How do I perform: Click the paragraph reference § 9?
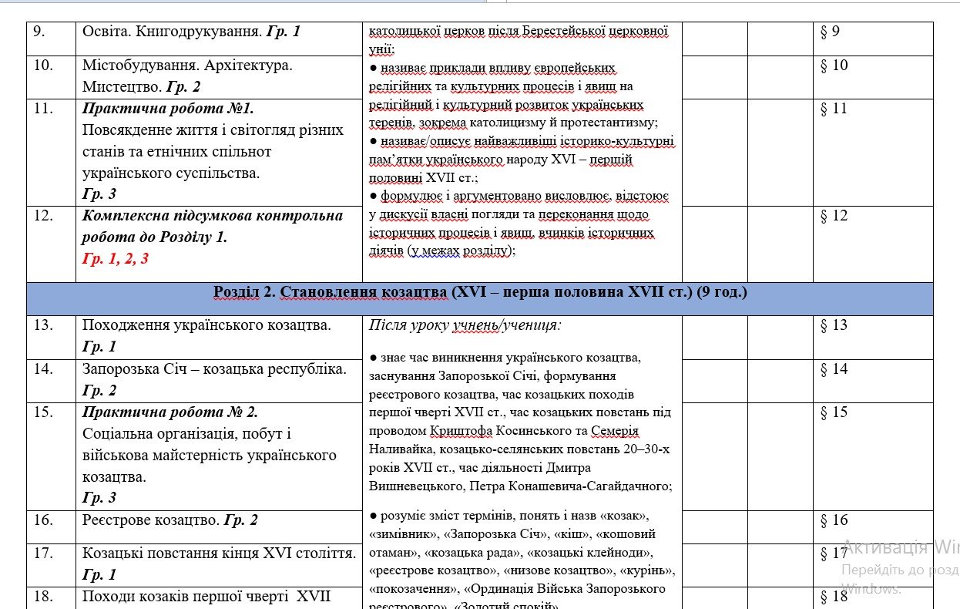(x=830, y=32)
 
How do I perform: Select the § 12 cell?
(x=834, y=216)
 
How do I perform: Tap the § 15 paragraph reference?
(x=834, y=412)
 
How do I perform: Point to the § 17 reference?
(x=834, y=553)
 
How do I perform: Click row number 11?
(x=42, y=109)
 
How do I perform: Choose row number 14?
(x=42, y=369)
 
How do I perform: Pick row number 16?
(x=42, y=520)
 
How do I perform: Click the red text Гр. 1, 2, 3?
(x=116, y=259)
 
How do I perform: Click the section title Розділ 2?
(x=243, y=293)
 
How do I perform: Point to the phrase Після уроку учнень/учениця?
(x=465, y=325)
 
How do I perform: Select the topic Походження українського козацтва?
(x=206, y=325)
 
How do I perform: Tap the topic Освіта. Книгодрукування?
(x=173, y=32)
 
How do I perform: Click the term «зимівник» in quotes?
(x=400, y=534)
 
